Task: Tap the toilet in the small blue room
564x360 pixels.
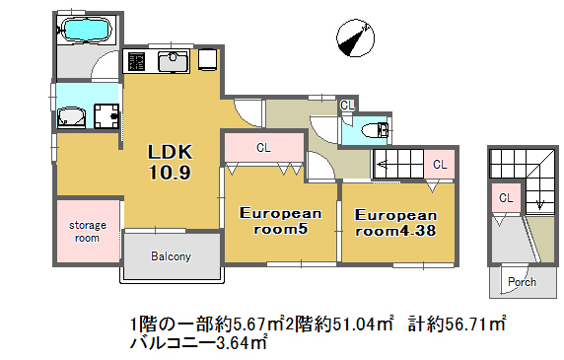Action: tap(375, 130)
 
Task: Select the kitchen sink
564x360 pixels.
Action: tap(174, 61)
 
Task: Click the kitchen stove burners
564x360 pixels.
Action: tap(136, 61)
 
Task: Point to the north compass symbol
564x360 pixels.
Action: tap(355, 38)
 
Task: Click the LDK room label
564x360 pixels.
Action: tap(171, 152)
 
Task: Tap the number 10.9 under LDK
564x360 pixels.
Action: tap(170, 173)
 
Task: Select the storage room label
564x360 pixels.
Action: tap(88, 232)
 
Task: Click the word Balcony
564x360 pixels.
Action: tap(171, 256)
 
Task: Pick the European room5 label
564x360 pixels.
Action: tap(281, 221)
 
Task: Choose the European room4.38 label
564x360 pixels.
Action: tap(395, 223)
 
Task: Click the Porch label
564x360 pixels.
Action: tap(522, 282)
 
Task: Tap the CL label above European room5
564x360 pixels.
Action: tap(263, 148)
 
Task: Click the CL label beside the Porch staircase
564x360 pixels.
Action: tap(506, 198)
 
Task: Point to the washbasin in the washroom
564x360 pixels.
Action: tap(71, 117)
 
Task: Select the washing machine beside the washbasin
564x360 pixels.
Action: tap(106, 115)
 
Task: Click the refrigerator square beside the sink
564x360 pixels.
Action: tap(207, 59)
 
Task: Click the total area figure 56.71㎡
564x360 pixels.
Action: tap(475, 324)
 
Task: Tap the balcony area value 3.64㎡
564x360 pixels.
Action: tap(241, 342)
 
